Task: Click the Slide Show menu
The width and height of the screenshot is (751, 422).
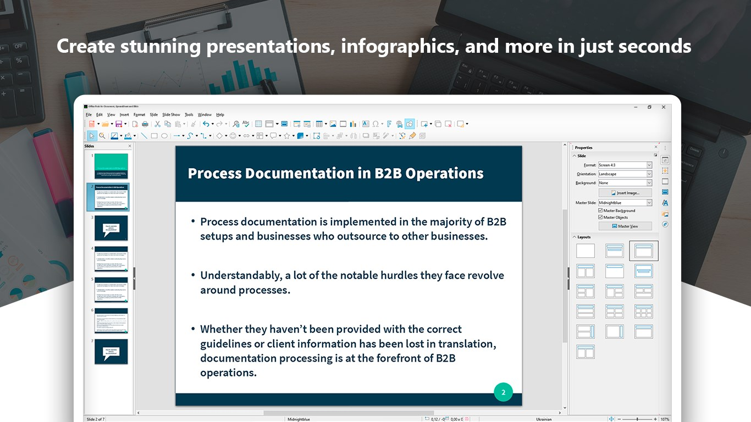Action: tap(171, 115)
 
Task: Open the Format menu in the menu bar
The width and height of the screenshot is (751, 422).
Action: tap(139, 115)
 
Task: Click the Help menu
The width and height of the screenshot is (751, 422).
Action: tap(220, 115)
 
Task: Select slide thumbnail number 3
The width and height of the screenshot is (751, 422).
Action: tap(111, 227)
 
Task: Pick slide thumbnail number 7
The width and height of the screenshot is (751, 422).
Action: tap(111, 351)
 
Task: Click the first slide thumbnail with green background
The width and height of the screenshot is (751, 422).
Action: tap(111, 166)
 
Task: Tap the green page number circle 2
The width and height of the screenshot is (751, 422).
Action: tap(503, 392)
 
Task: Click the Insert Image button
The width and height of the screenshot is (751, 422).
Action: tap(625, 193)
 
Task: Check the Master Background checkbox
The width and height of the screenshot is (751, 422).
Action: tap(600, 210)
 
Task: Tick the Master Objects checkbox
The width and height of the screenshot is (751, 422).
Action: tap(600, 218)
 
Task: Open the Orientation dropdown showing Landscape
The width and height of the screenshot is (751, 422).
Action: tap(625, 174)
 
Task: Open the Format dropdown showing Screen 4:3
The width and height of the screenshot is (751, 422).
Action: tap(625, 165)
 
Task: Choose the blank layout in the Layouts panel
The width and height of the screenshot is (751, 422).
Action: tap(586, 251)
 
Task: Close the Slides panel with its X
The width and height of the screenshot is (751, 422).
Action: tap(130, 146)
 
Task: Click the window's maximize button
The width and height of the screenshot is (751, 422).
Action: tap(649, 107)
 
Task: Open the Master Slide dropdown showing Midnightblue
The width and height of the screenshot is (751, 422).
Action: tap(625, 203)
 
